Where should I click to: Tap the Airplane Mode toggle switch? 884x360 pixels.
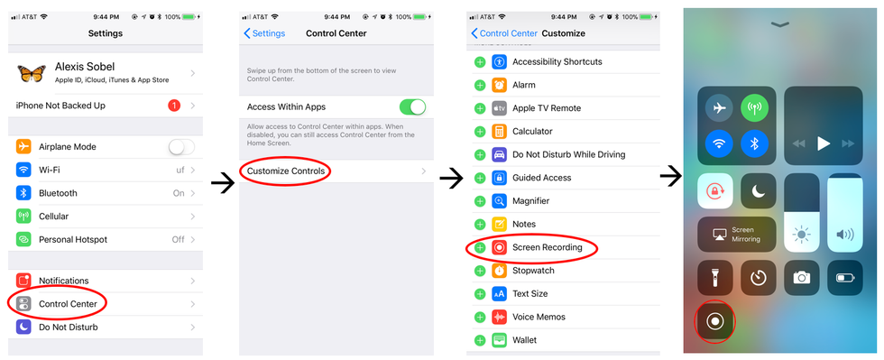click(x=181, y=147)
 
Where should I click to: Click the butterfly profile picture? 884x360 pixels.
click(x=32, y=73)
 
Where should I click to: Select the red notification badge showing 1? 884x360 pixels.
click(x=174, y=106)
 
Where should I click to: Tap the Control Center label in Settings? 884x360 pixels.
click(x=68, y=304)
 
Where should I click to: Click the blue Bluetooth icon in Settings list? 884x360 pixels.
click(x=23, y=193)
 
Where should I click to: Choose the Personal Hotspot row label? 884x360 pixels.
click(x=73, y=240)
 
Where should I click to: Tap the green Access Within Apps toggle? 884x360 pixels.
click(x=413, y=106)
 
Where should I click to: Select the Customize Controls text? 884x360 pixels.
click(x=286, y=171)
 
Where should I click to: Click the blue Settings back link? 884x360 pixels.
click(x=264, y=33)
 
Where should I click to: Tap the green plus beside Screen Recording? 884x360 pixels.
click(x=480, y=248)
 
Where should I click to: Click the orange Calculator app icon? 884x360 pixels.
click(x=500, y=132)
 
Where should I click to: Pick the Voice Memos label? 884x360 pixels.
click(x=539, y=317)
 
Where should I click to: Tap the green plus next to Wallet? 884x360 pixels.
click(x=480, y=340)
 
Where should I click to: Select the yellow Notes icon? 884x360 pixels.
click(x=500, y=224)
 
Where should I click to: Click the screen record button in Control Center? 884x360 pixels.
click(x=714, y=321)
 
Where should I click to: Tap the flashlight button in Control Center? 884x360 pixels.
click(x=714, y=278)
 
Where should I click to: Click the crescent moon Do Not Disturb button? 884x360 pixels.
click(x=759, y=190)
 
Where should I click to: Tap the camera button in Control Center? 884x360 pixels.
click(x=802, y=278)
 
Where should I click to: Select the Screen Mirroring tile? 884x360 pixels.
click(x=737, y=235)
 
